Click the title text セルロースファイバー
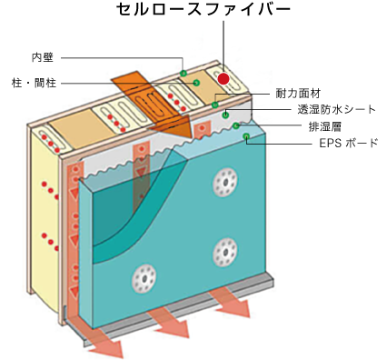click(204, 12)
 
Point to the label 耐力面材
click(298, 94)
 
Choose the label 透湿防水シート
click(323, 110)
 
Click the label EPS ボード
click(348, 143)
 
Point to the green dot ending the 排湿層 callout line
click(235, 125)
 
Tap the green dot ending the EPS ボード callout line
click(246, 137)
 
